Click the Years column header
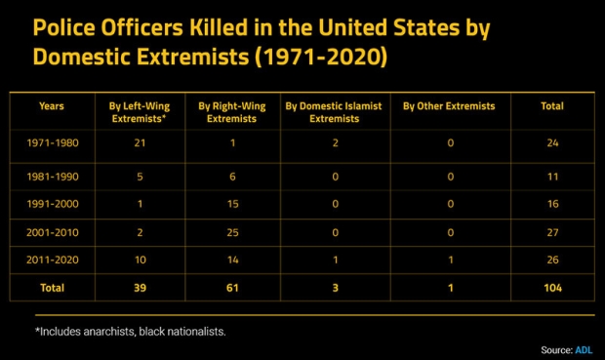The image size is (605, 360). [x=51, y=105]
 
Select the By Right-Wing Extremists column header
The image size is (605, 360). [x=231, y=111]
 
